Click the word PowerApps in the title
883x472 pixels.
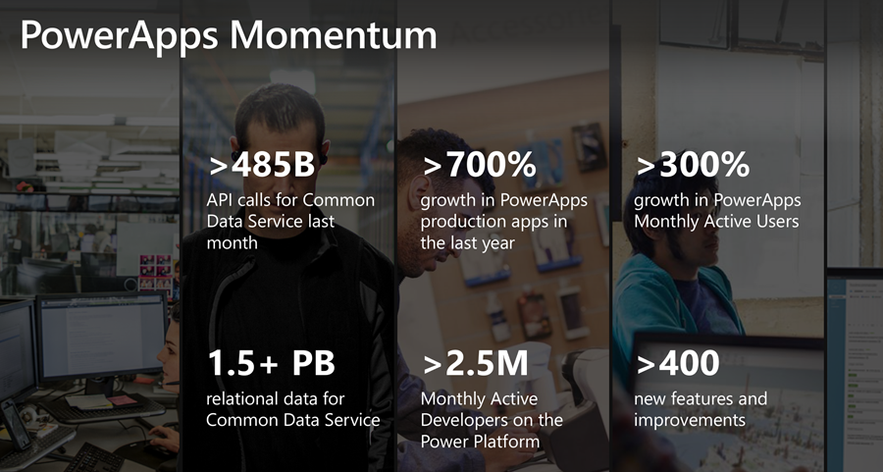[x=120, y=36]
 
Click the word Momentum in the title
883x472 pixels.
[x=334, y=35]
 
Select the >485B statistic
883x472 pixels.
[x=262, y=165]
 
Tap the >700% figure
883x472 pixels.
[x=479, y=165]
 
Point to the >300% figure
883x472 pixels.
[x=693, y=165]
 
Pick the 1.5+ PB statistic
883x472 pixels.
[x=272, y=363]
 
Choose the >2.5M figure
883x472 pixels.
[x=476, y=363]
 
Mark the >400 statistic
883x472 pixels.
[x=678, y=363]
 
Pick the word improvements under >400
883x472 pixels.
[x=690, y=421]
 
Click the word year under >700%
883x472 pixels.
[x=497, y=244]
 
